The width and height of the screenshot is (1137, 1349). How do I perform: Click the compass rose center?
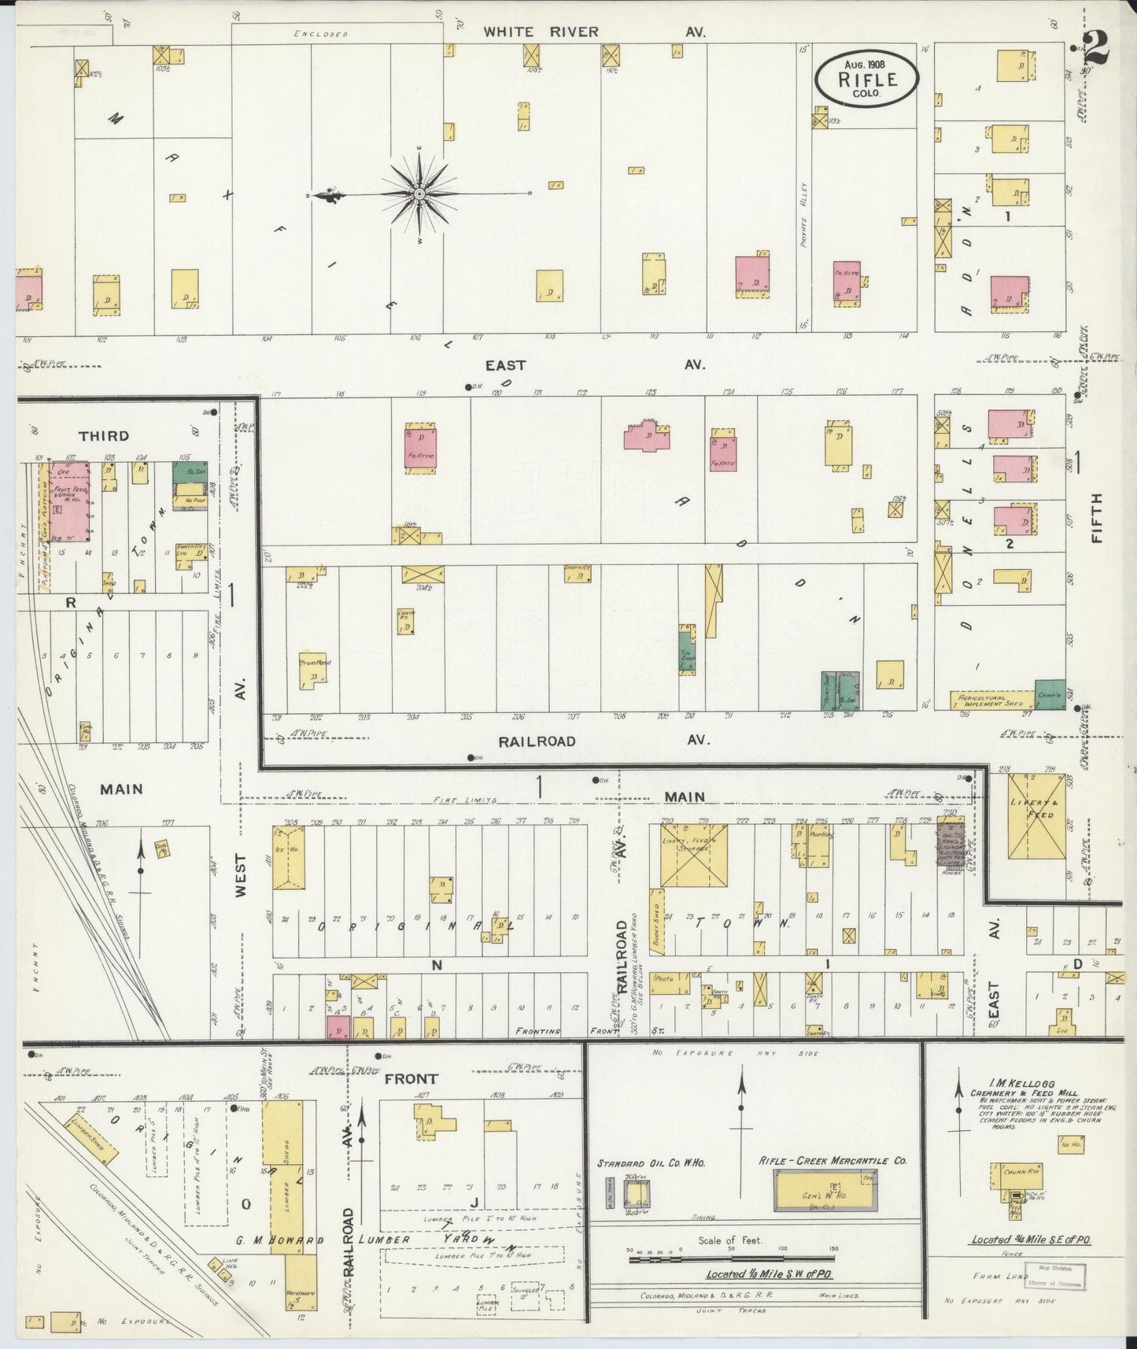[419, 193]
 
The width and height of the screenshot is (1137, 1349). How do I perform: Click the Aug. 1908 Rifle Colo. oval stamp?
[867, 79]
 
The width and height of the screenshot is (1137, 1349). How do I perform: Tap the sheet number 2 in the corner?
[1095, 49]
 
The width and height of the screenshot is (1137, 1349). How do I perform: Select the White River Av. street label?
[594, 32]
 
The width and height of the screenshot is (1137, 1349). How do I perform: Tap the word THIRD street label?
[103, 436]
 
